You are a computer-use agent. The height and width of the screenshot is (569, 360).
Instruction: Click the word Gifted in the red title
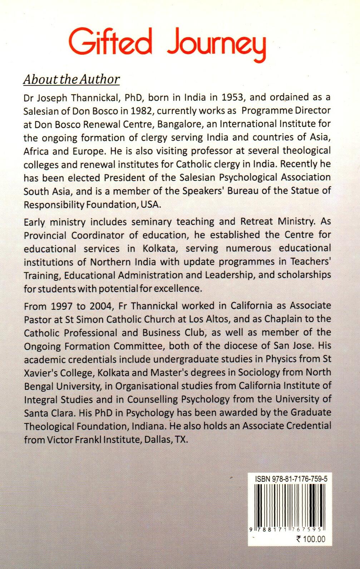(x=110, y=44)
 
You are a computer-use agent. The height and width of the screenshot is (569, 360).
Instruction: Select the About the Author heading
(x=71, y=79)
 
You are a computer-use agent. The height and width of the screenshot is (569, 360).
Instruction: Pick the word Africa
(x=36, y=151)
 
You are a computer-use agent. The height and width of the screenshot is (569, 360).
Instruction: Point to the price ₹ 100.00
(x=310, y=539)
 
